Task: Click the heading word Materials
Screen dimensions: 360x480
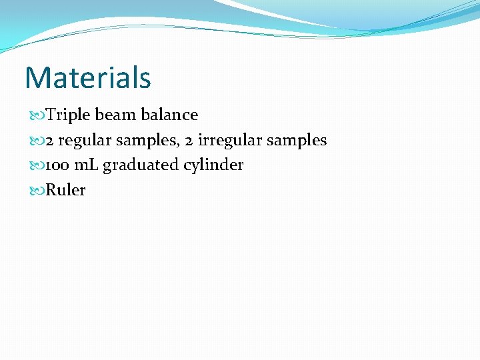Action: (x=88, y=77)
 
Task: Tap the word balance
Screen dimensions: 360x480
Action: (x=169, y=115)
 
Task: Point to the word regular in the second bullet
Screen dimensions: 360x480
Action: (x=85, y=140)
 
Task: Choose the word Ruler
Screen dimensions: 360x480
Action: (x=65, y=190)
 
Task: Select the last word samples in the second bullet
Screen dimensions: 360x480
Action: (x=297, y=141)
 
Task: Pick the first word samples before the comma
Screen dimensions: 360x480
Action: (x=145, y=141)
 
